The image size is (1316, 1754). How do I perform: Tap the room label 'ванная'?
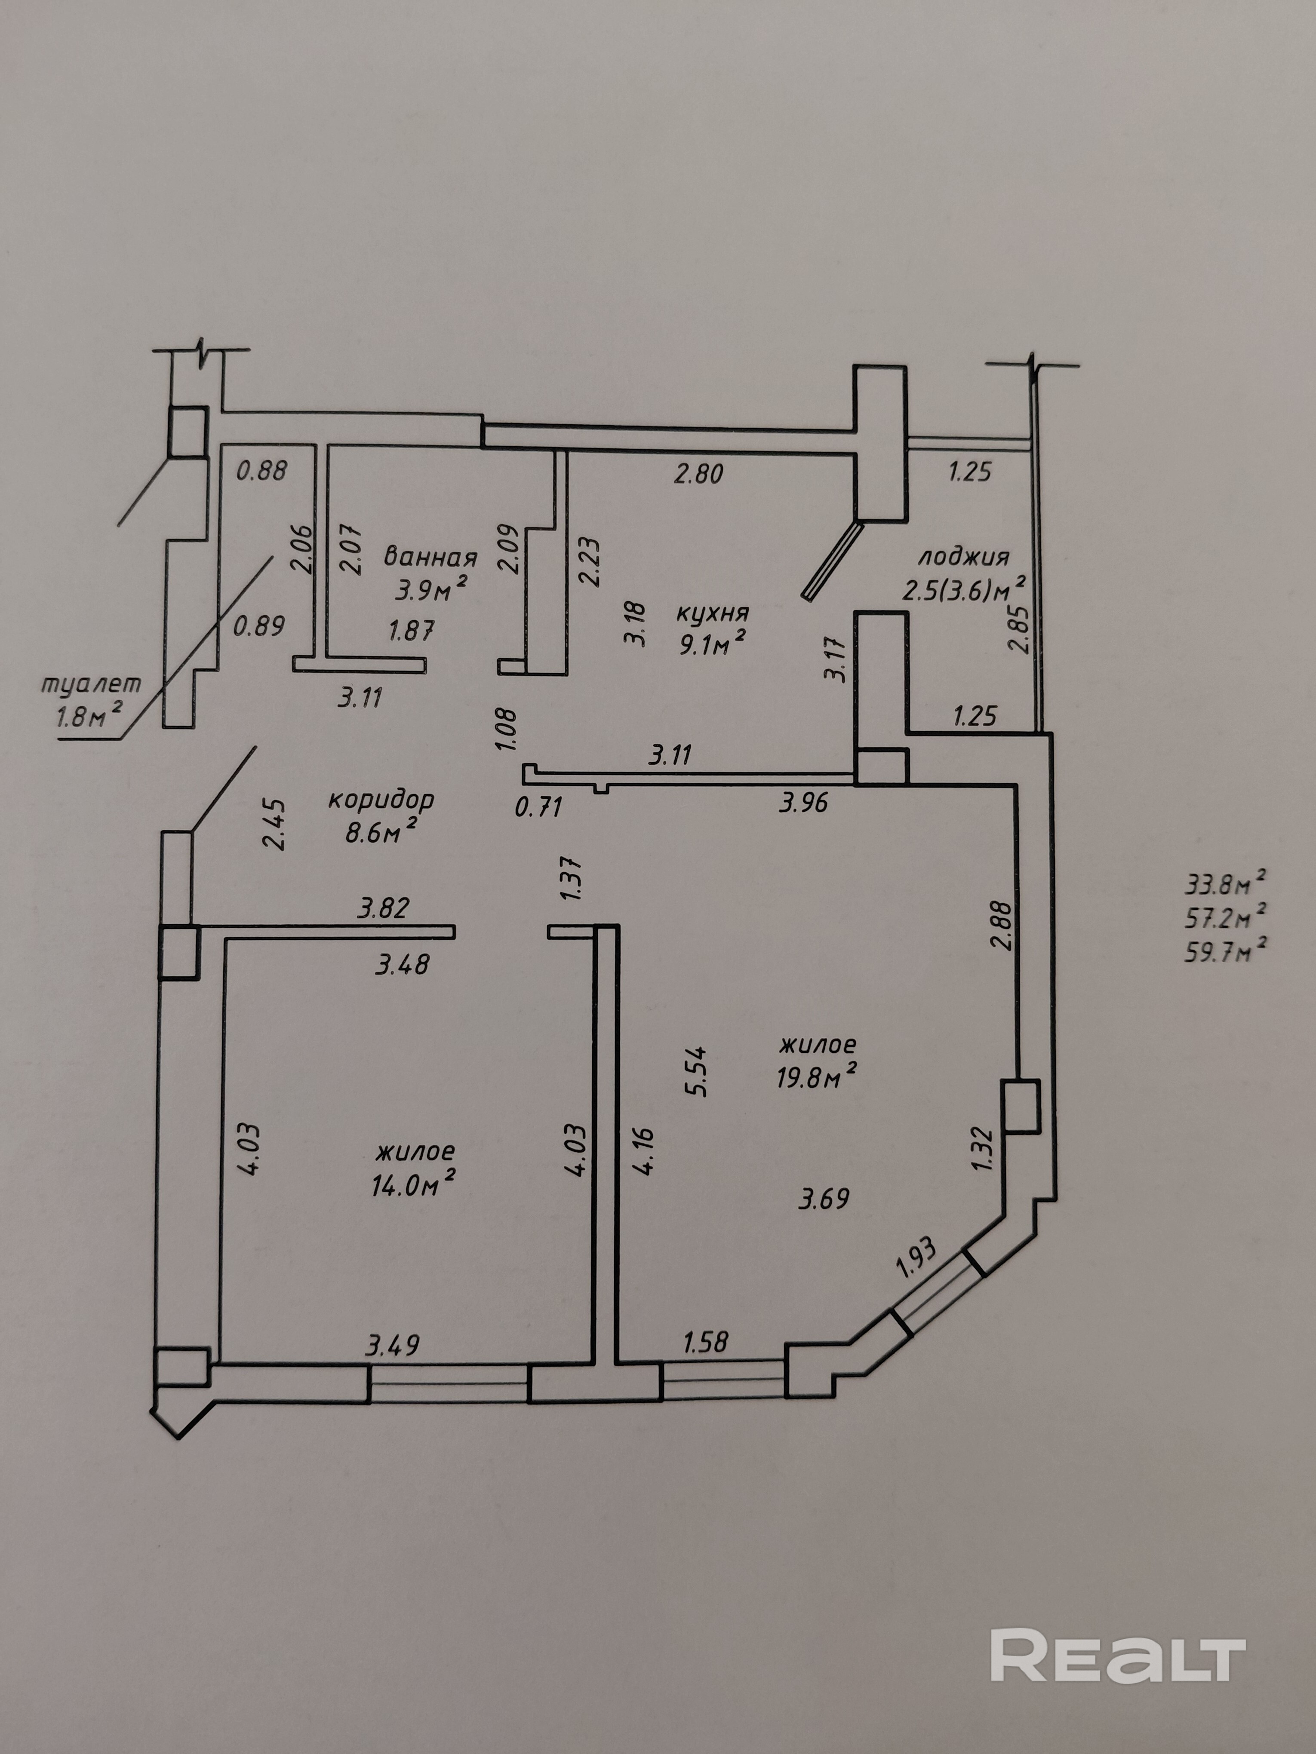(x=431, y=557)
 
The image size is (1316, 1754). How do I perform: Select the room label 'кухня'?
(x=712, y=613)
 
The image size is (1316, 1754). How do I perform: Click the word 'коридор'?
(x=381, y=799)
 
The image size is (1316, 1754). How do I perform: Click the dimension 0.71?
(x=538, y=807)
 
